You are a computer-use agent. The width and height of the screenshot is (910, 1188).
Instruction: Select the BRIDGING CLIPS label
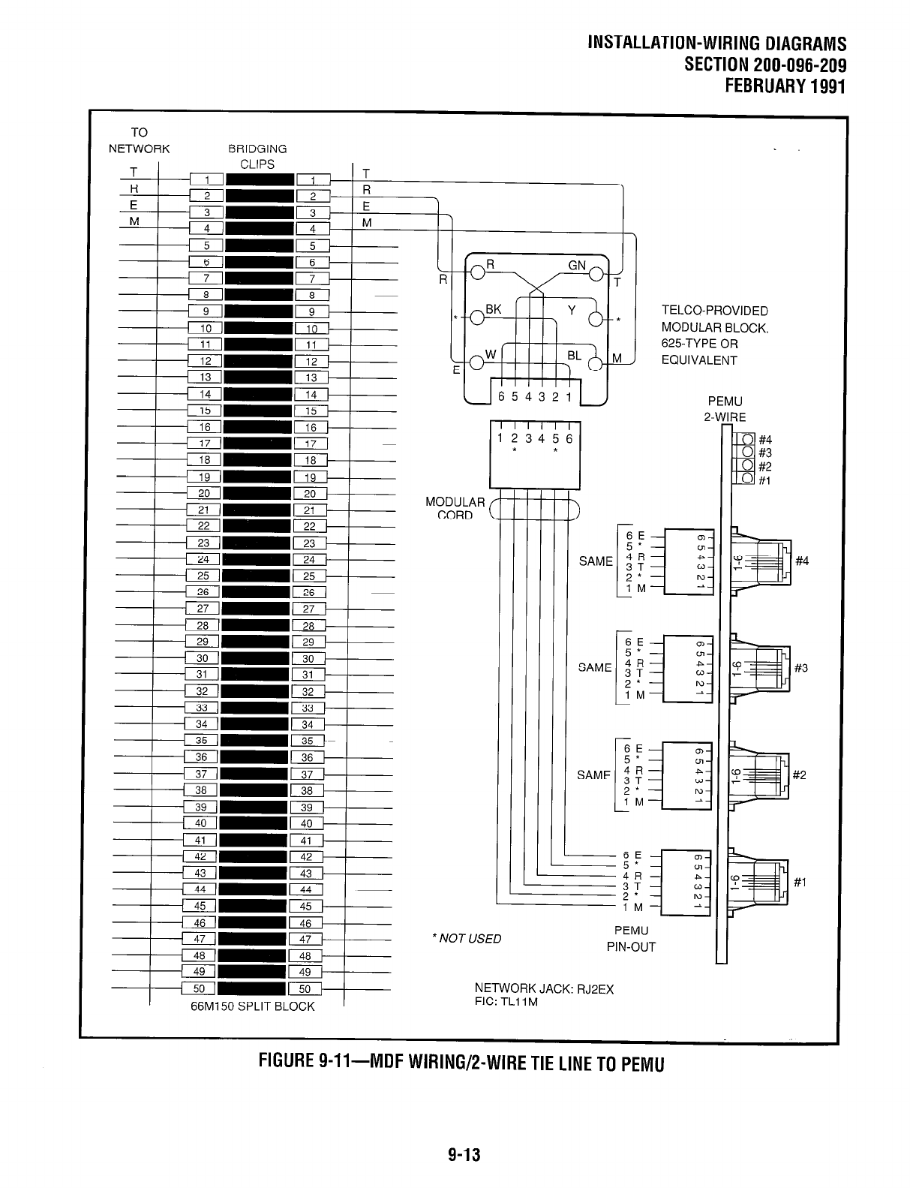coord(257,156)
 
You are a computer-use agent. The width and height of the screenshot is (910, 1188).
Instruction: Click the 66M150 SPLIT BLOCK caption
coord(253,1006)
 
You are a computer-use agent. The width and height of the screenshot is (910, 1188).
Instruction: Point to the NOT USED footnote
coord(467,939)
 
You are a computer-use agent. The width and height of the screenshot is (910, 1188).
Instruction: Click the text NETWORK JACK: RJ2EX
coord(544,989)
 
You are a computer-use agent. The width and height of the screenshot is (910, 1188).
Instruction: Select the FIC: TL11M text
coord(506,1002)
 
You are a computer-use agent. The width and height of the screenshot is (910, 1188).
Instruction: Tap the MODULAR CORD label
coord(455,508)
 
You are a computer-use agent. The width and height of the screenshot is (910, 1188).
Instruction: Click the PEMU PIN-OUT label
coord(631,939)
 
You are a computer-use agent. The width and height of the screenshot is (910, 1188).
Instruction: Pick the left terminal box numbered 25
coord(203,576)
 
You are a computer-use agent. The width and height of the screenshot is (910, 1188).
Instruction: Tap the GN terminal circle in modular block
coord(597,273)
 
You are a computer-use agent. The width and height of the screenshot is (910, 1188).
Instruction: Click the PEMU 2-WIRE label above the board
coord(725,410)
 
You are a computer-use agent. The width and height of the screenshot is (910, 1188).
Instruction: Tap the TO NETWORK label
coord(140,140)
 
